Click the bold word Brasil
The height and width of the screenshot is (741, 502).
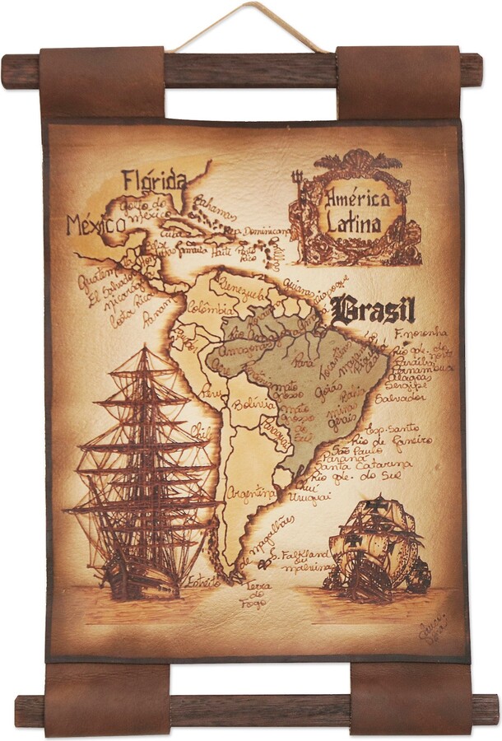point(374,310)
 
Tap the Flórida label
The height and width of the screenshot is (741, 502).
point(155,179)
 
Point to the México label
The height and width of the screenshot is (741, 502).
point(95,224)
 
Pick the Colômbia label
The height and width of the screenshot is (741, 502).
point(206,310)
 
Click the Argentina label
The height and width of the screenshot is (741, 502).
point(251,493)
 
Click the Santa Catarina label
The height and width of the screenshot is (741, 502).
point(358,465)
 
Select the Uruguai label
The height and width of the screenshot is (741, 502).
point(309,498)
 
